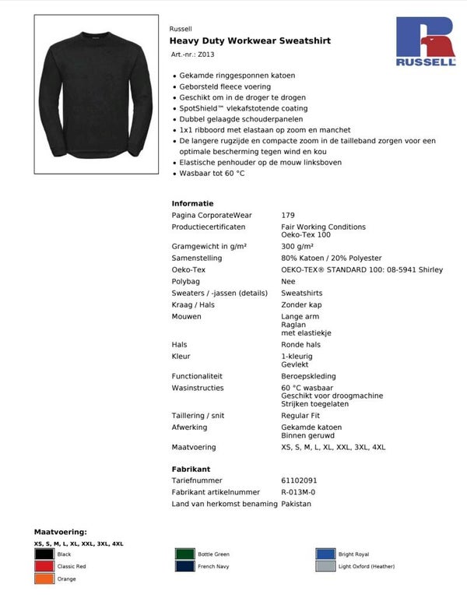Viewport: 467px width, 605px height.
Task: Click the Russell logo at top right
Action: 426,44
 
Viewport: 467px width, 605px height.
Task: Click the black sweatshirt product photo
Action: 97,97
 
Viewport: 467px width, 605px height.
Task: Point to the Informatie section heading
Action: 192,203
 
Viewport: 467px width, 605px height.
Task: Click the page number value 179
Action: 288,215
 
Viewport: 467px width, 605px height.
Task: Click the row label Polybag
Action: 186,281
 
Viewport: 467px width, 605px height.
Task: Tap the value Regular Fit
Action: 300,416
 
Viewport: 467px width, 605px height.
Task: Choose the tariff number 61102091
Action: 299,480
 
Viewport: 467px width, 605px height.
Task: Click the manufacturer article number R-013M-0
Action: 298,492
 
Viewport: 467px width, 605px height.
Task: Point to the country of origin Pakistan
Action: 296,504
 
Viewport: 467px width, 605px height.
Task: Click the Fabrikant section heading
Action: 191,470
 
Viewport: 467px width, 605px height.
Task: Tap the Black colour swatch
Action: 44,554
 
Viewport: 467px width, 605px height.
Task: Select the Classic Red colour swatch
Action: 44,567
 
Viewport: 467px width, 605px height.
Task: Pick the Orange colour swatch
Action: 44,579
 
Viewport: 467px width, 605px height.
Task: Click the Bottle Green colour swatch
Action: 185,554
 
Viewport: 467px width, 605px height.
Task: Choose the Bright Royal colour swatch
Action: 325,554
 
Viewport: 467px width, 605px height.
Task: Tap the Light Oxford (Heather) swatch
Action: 325,567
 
